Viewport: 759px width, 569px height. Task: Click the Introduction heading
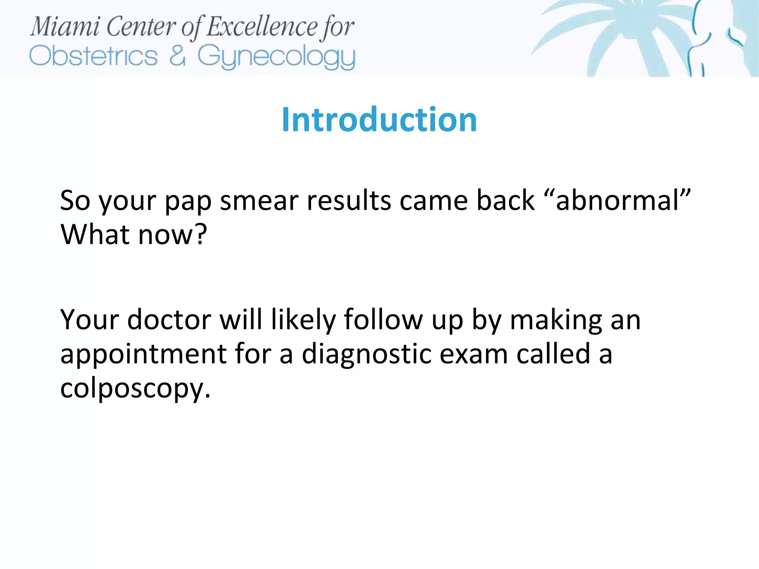click(379, 119)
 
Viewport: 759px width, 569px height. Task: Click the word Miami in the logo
click(65, 27)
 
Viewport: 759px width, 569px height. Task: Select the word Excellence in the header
click(262, 27)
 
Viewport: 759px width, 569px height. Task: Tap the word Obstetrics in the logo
click(93, 56)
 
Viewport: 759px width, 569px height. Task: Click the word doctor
click(169, 319)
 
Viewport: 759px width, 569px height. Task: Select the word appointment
click(143, 355)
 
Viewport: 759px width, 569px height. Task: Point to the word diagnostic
click(366, 355)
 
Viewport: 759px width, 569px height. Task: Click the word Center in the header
click(141, 27)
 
